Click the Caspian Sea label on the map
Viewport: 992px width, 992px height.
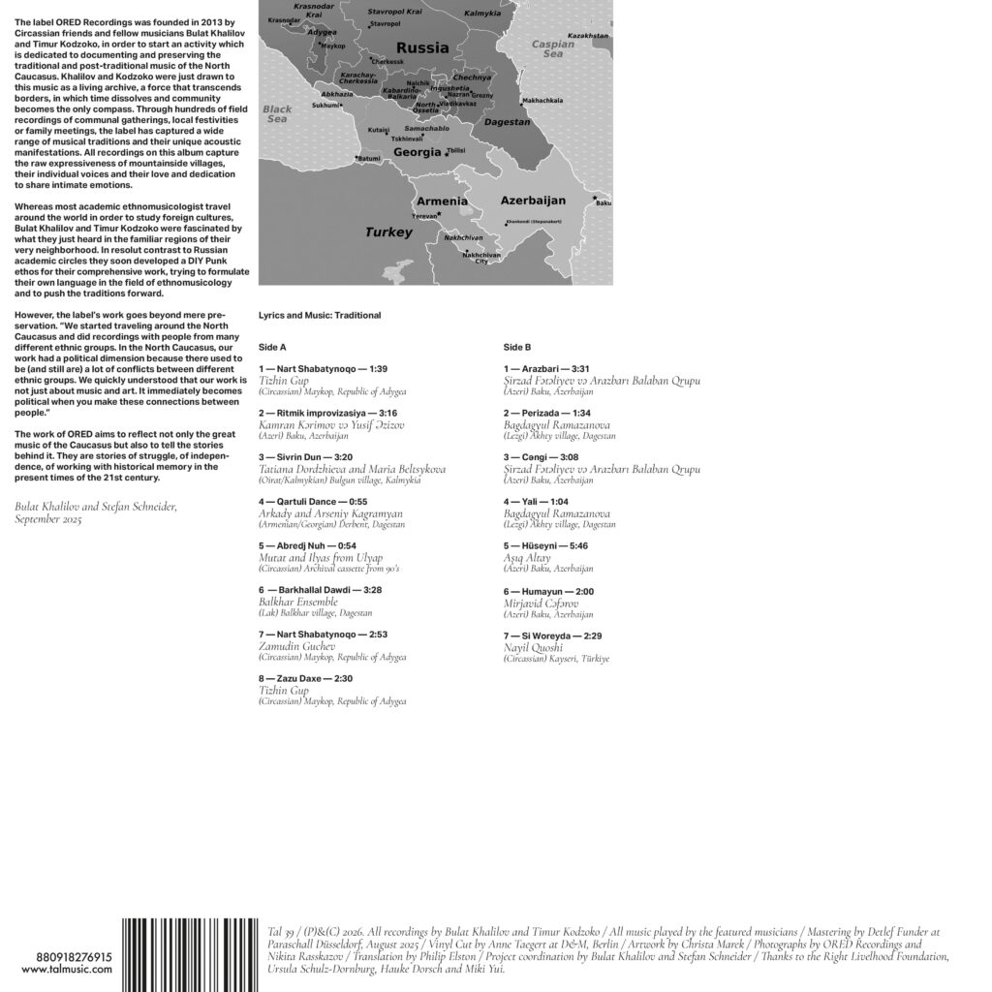[x=553, y=49]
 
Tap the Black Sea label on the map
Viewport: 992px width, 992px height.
[x=277, y=115]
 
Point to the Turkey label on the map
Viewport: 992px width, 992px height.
[x=388, y=232]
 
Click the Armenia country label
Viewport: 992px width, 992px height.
[x=442, y=201]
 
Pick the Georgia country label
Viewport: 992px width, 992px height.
[x=418, y=152]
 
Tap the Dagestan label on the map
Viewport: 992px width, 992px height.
[x=507, y=122]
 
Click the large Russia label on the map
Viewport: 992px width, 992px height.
[x=422, y=47]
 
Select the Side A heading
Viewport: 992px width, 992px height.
[x=273, y=347]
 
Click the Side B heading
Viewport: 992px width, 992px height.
[x=517, y=347]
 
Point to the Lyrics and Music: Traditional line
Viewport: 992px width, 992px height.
[x=320, y=315]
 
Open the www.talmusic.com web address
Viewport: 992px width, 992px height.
[x=56, y=970]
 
